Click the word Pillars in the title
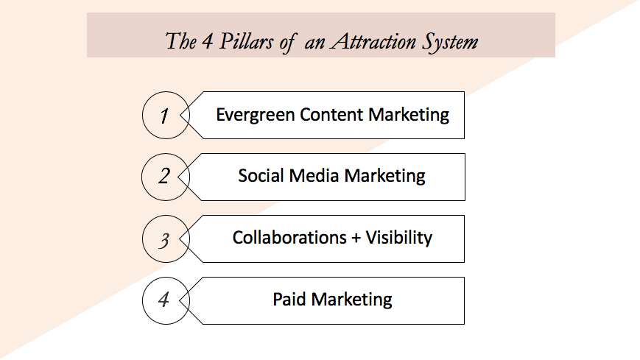click(x=246, y=41)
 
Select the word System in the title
click(x=450, y=43)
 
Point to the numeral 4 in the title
click(x=208, y=41)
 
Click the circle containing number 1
click(x=143, y=115)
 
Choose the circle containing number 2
click(x=142, y=177)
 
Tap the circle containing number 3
click(x=143, y=239)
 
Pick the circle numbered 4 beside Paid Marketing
click(x=143, y=301)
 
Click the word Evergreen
click(x=256, y=116)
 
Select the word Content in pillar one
click(x=331, y=115)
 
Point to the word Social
click(x=261, y=176)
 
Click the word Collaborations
click(x=289, y=238)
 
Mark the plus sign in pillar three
click(x=356, y=238)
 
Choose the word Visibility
click(x=398, y=239)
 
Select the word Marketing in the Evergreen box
click(x=409, y=116)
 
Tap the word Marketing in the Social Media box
click(x=385, y=177)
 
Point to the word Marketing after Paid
click(x=351, y=300)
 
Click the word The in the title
click(x=181, y=41)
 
